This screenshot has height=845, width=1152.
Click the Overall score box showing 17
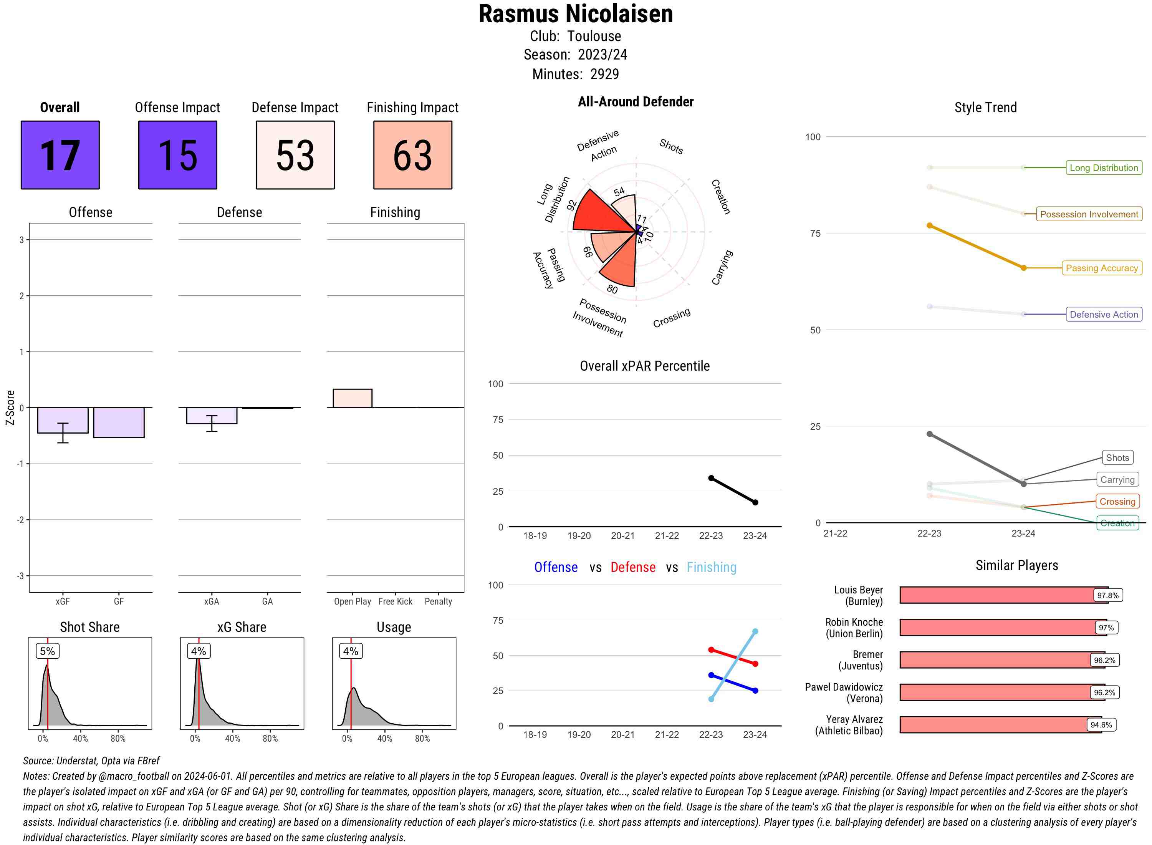tap(60, 155)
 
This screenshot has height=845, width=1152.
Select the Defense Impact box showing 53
tap(295, 155)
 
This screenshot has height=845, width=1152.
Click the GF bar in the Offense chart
tap(119, 422)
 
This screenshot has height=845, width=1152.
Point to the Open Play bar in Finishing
tap(352, 398)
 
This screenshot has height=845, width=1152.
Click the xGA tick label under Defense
tap(211, 601)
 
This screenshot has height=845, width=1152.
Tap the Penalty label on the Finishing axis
tap(438, 601)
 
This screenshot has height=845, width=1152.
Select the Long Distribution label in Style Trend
tap(1104, 168)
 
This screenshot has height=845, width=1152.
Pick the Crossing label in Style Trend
tap(1117, 502)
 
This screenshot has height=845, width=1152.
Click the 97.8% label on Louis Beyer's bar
tap(1107, 595)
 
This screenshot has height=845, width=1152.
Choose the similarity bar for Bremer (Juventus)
tap(995, 660)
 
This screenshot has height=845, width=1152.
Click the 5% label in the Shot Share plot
tap(47, 651)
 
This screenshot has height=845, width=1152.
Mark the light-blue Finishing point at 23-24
tap(755, 632)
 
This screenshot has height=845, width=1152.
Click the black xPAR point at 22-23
tap(711, 478)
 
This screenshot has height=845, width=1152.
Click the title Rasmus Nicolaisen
tap(576, 14)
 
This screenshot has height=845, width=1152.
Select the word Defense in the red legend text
tap(632, 567)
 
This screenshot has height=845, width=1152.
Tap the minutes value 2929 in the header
tap(604, 74)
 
